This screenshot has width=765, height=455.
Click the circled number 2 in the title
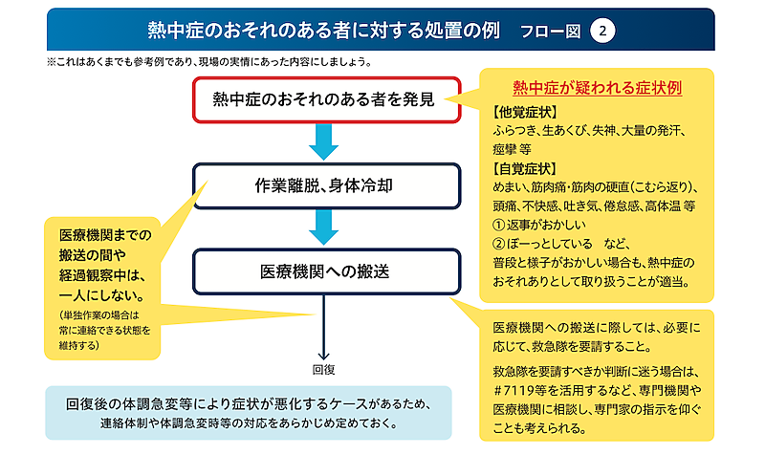[x=601, y=30]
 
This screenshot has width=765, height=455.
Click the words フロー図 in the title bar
[x=550, y=30]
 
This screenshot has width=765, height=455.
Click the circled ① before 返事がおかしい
[x=498, y=225]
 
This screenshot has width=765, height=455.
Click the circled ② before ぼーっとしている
[x=498, y=244]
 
